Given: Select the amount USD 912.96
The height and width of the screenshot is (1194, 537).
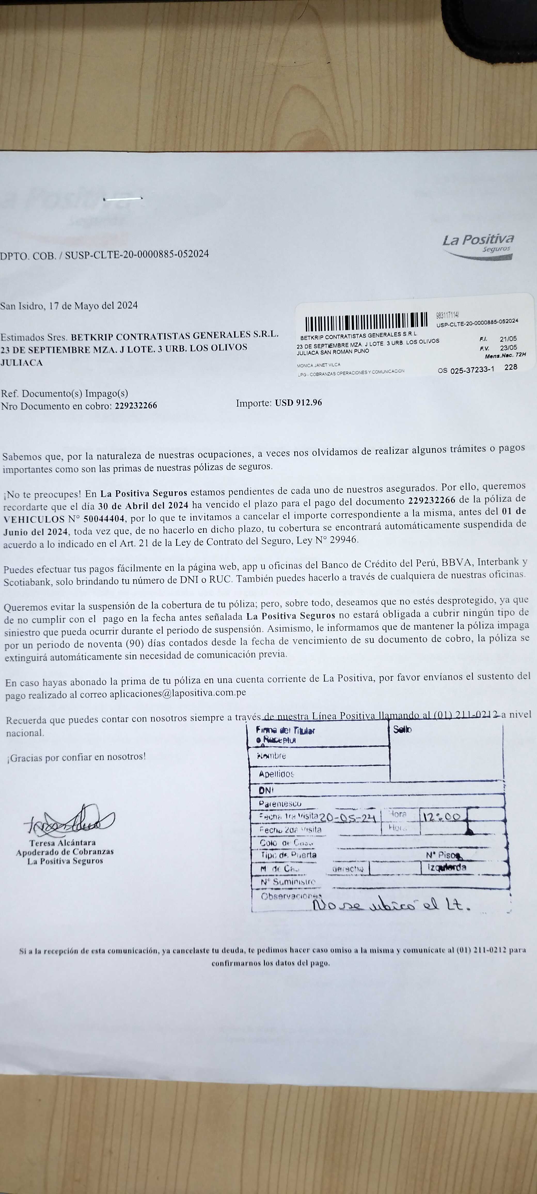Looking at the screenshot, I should (298, 403).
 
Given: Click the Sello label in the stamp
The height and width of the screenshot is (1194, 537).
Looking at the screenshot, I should (402, 729).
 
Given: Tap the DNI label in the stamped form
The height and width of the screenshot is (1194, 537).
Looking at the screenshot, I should (266, 790).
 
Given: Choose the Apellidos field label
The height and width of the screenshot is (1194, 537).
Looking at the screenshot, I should (276, 774).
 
